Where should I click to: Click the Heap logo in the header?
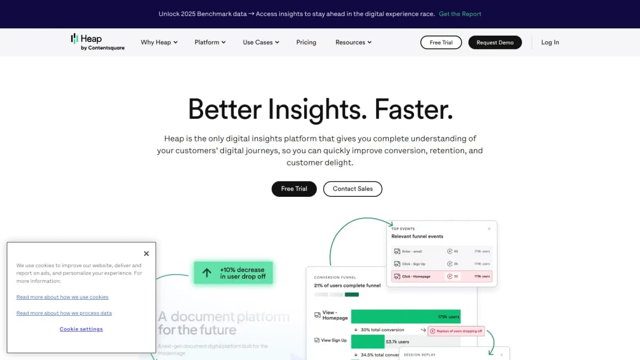98,42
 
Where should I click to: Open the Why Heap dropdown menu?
159,42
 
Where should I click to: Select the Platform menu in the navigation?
210,42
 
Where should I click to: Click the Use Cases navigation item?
261,42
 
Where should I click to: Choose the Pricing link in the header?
306,42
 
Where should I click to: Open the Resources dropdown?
353,42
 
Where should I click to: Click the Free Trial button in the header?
441,43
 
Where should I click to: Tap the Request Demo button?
495,43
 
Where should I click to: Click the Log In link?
550,42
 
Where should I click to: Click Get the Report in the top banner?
460,14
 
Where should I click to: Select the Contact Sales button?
353,189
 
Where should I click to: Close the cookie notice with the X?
146,254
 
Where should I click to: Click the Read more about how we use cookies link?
62,297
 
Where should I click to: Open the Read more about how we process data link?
64,313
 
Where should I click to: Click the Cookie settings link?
81,329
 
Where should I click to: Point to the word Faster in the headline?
413,109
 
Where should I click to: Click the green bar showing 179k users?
405,316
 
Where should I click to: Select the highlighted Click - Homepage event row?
442,276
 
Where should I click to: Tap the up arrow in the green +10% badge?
207,273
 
